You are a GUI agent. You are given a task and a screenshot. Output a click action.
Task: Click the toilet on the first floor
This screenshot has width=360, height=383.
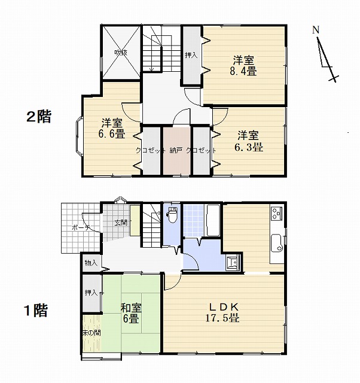172,215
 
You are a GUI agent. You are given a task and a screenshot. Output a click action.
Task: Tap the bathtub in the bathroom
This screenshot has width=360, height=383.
213,220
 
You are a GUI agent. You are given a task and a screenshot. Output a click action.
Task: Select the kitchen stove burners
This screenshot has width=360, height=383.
277,212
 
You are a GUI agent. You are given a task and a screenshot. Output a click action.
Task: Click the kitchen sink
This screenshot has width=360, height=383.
277,243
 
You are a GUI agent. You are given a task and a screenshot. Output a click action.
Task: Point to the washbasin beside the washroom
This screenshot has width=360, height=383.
233,263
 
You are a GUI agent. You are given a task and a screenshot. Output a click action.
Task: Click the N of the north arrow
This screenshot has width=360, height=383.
316,30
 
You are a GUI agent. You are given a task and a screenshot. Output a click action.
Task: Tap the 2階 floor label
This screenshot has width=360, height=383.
39,117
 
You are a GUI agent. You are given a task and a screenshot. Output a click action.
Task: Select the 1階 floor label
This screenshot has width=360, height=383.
36,311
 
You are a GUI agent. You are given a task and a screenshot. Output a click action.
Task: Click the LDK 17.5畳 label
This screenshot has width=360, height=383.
222,313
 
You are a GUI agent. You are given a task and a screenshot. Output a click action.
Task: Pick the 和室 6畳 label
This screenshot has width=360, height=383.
131,313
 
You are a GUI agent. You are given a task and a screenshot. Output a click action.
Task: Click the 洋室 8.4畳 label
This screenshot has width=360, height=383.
243,66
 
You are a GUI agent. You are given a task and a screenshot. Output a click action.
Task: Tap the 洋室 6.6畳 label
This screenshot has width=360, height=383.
112,128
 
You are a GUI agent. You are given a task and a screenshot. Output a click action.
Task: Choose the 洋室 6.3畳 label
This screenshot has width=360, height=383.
249,141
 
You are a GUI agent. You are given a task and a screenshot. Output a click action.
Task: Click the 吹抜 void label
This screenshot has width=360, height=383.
121,52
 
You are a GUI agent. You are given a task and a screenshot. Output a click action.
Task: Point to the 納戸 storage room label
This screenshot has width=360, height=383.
176,150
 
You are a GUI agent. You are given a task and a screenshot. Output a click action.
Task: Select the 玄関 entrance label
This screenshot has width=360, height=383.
121,223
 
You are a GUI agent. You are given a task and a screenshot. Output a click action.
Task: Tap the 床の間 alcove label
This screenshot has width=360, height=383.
91,333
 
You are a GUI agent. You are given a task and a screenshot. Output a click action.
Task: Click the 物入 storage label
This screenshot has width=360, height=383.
91,263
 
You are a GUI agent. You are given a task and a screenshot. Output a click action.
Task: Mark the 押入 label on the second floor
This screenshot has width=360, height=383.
191,55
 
